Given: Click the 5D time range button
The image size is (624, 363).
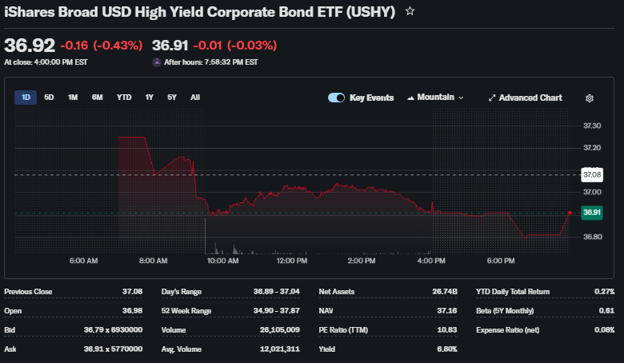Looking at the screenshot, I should click(49, 98).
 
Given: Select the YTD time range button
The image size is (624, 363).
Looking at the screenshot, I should click(124, 98).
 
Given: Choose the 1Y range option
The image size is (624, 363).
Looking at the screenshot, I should click(149, 98).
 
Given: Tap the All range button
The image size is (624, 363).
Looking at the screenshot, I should click(195, 98).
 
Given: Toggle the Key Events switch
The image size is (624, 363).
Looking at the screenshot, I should click(336, 98).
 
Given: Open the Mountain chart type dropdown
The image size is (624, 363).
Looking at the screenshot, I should click(436, 98).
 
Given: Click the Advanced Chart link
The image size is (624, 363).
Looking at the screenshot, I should click(525, 98).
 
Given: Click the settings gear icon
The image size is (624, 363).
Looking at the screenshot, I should click(590, 98).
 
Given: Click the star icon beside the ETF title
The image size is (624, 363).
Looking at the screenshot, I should click(410, 12).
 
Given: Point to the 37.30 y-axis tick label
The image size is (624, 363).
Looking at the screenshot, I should click(592, 126).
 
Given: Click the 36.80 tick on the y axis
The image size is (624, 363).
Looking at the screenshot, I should click(592, 237).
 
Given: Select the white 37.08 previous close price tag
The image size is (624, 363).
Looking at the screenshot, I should click(592, 174).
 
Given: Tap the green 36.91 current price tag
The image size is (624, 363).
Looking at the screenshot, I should click(592, 213).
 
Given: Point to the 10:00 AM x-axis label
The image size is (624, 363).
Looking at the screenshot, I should click(222, 261).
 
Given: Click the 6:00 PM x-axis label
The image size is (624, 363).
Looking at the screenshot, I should click(500, 261).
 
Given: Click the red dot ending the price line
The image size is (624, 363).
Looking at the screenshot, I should click(570, 213).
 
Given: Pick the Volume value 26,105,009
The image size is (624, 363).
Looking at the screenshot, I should click(278, 330).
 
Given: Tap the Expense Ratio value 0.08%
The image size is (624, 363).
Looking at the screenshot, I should click(604, 330).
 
